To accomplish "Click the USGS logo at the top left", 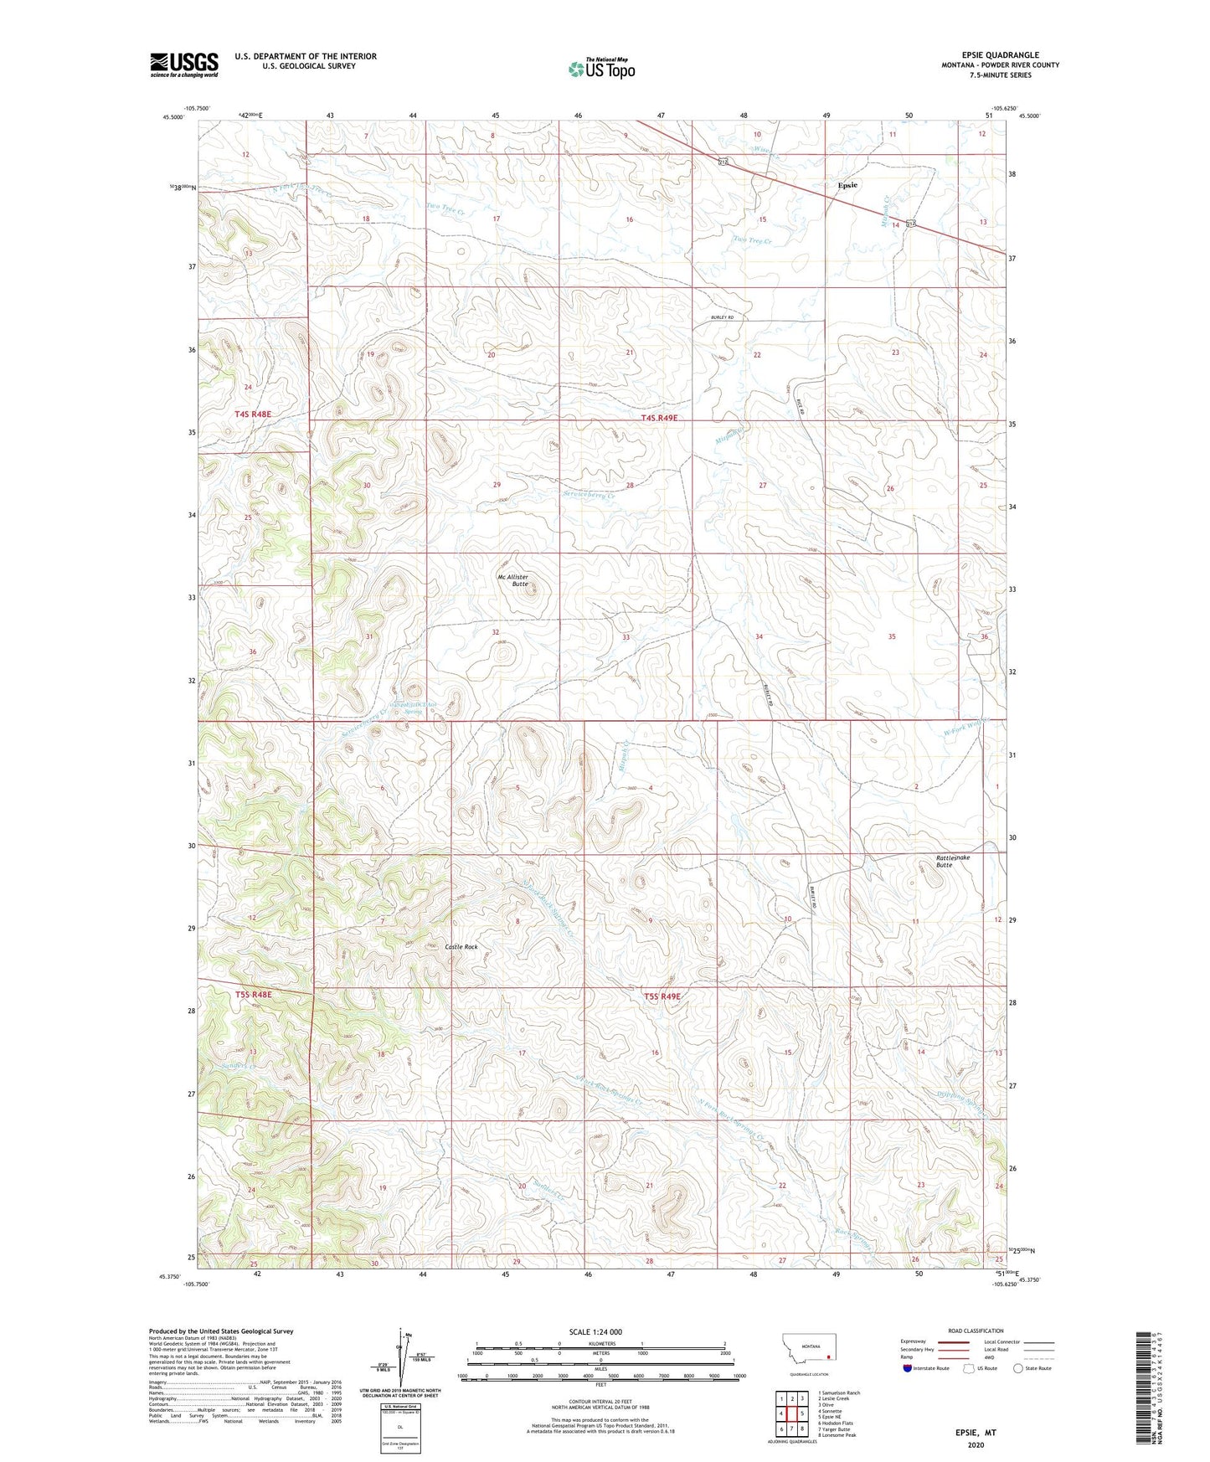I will point(184,64).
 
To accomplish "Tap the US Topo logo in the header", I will point(600,69).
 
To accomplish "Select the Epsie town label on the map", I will point(847,185).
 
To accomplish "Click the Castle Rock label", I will point(461,946).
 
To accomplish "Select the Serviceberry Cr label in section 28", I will point(589,495).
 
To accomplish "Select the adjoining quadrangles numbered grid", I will point(791,1414).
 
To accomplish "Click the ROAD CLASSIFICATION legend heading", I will point(976,1331).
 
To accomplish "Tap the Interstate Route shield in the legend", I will point(909,1368).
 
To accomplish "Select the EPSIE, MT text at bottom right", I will point(976,1433).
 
